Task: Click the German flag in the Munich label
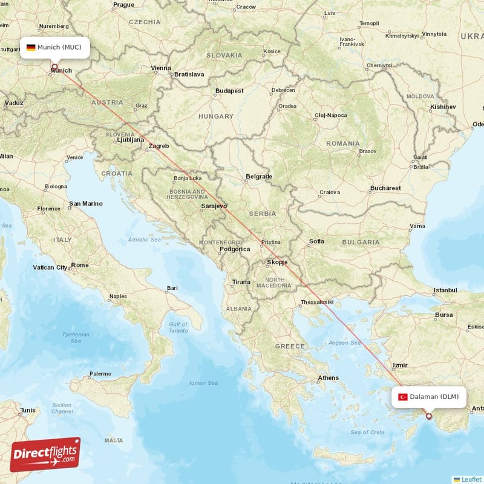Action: pos(31,47)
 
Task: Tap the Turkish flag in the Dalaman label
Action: pos(403,397)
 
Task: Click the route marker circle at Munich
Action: pos(54,67)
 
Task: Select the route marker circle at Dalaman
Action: pos(429,416)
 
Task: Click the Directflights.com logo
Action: pos(45,455)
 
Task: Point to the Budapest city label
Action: pos(229,91)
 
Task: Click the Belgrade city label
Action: pos(258,177)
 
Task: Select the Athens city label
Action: pos(329,378)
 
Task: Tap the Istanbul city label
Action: pos(445,290)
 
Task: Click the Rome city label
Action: pos(79,265)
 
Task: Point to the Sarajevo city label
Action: pos(214,206)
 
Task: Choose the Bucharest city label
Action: pos(385,188)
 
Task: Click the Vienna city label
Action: pos(161,68)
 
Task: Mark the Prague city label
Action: pos(123,5)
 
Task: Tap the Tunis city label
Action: pos(28,410)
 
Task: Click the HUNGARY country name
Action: pos(215,116)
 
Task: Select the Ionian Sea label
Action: pos(203,383)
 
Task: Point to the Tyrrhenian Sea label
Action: pos(76,338)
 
